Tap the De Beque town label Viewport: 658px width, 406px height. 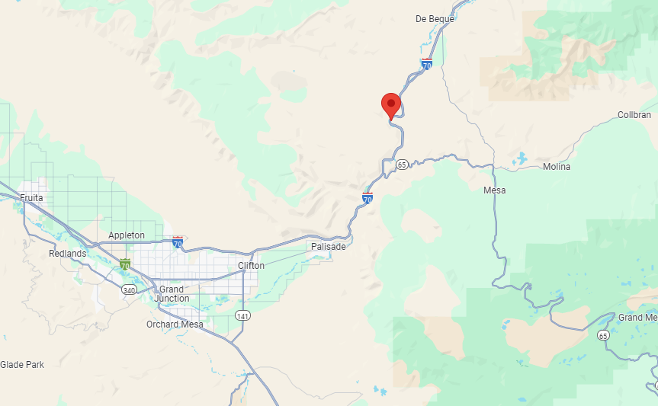point(435,19)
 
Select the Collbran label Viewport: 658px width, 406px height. point(634,115)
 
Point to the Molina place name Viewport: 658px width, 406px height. point(556,167)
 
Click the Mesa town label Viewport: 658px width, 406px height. point(494,190)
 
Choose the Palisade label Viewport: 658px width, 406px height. point(329,247)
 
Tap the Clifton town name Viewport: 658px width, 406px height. point(251,266)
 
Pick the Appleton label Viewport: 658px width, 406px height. point(127,235)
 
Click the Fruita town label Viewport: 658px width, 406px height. point(31,198)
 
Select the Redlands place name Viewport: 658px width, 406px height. point(68,254)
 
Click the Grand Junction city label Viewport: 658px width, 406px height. point(172,294)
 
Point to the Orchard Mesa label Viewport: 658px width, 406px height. point(175,324)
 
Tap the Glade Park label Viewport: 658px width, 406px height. point(22,365)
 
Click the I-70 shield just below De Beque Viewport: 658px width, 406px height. point(427,65)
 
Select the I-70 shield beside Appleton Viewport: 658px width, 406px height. point(178,243)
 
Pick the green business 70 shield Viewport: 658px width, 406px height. point(124,265)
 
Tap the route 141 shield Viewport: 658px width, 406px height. point(242,315)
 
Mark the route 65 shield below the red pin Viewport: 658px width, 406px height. point(402,165)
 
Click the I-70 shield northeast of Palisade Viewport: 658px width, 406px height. point(368,199)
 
